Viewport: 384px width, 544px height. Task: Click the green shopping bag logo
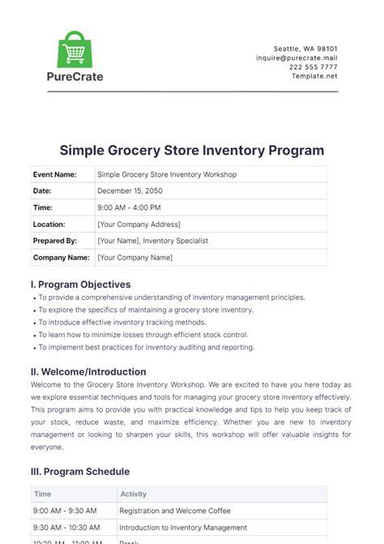coord(75,50)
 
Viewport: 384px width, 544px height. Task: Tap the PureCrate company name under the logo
coord(75,77)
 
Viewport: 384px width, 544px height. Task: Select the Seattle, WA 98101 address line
coord(312,49)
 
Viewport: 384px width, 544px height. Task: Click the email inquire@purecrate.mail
coord(297,58)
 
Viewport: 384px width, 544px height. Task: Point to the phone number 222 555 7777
coord(314,67)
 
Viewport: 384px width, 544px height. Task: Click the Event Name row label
coord(54,174)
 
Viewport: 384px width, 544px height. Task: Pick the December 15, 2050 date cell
coord(130,191)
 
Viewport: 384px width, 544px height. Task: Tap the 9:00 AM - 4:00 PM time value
coord(127,208)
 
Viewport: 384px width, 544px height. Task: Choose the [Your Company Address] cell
coord(139,225)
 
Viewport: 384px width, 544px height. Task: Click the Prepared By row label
coord(54,241)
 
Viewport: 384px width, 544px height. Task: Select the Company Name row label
coord(61,258)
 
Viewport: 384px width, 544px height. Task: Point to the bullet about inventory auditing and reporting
coord(146,347)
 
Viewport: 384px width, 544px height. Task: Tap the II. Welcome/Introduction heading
coord(88,372)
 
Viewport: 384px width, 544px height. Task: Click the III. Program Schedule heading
coord(79,471)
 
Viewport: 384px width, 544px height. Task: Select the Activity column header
coord(133,494)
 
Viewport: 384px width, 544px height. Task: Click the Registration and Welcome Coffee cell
coord(174,511)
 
